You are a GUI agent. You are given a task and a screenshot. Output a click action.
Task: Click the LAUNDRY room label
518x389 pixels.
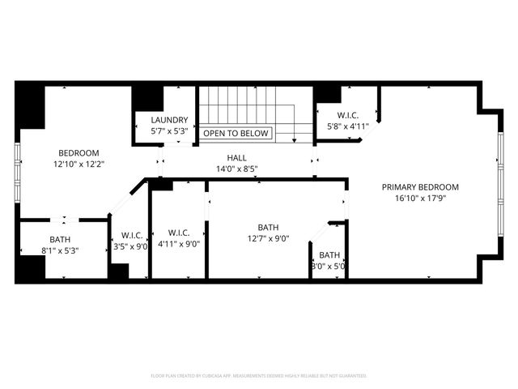(x=169, y=120)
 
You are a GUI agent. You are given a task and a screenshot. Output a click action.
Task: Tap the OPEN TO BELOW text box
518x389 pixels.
(x=236, y=133)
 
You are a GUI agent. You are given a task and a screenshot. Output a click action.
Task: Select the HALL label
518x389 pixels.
(x=236, y=158)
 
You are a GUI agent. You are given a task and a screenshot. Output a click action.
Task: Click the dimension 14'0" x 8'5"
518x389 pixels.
(x=236, y=169)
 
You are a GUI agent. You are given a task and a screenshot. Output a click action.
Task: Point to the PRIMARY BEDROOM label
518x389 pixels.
(x=414, y=186)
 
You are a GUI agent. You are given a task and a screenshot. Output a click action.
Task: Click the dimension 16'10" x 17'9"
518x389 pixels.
(x=414, y=198)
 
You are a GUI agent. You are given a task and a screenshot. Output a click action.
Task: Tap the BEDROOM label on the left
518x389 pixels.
(x=79, y=152)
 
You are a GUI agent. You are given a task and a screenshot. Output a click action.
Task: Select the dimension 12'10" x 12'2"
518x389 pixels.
(x=79, y=164)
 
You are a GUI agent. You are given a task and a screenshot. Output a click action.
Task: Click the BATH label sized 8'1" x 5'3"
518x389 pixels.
(x=60, y=239)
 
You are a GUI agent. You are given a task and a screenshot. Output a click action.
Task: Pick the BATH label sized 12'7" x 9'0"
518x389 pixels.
(x=268, y=228)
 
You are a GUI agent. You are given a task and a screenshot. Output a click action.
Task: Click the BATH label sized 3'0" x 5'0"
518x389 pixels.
(x=329, y=255)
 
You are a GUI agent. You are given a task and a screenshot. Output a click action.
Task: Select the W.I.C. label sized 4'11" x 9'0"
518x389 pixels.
(x=179, y=233)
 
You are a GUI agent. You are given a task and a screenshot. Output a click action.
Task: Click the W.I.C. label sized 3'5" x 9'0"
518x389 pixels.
(x=130, y=235)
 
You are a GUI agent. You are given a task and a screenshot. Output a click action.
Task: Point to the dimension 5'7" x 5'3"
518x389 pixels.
(x=169, y=130)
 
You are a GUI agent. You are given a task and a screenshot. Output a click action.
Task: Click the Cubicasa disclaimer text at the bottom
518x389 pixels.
(x=259, y=376)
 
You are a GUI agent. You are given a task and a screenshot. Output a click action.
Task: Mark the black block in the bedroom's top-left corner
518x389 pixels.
(x=30, y=106)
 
